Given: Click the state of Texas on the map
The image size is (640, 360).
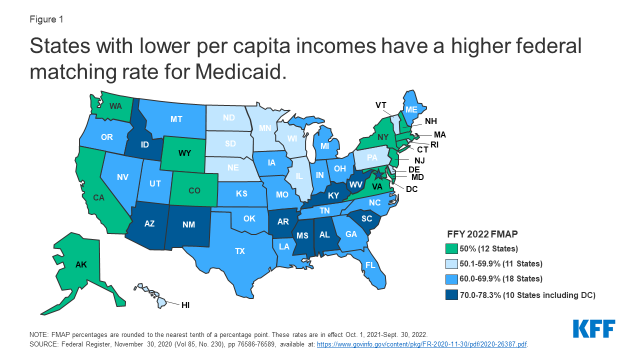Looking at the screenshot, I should pos(240,251).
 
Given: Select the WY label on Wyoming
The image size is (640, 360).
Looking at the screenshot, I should pos(185,153).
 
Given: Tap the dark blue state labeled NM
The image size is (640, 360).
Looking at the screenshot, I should pos(188,224).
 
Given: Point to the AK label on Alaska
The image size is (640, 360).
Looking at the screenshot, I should pos(81,265).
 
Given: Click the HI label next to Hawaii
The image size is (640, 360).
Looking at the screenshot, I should pos(185,304).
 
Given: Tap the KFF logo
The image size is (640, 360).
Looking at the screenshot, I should pos(594,328).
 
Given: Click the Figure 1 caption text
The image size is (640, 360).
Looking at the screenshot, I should pos(46,20).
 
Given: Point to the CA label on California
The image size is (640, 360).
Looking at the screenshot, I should pos(98,197).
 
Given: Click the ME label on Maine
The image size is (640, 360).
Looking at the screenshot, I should pos(411,109).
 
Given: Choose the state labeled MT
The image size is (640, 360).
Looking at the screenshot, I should pos(176,119).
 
